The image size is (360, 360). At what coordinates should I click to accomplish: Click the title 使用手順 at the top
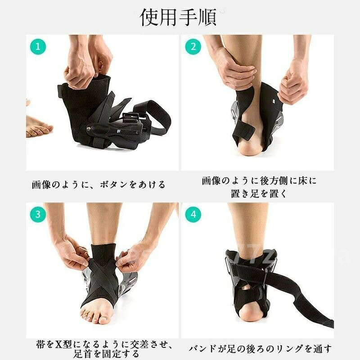(178, 18)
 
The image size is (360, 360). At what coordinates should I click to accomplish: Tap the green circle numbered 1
(38, 47)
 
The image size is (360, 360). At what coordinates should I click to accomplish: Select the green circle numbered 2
(193, 47)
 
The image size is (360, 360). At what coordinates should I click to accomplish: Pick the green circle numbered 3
(38, 215)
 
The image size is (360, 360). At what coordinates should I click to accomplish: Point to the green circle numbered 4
(193, 215)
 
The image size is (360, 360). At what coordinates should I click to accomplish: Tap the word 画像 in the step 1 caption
(41, 185)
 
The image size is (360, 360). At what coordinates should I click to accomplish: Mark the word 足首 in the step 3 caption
(83, 354)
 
